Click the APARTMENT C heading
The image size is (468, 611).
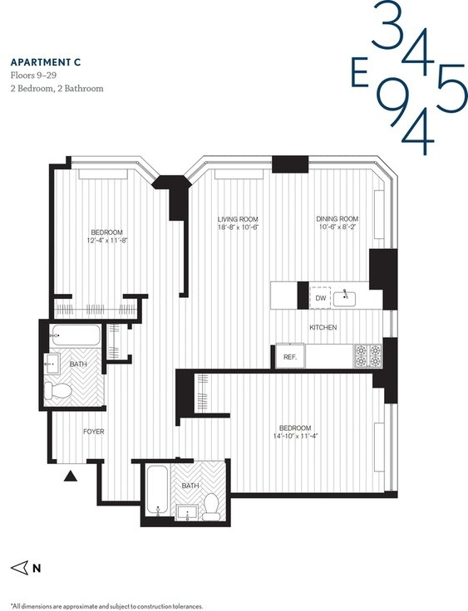(46, 62)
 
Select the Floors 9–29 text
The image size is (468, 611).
(33, 76)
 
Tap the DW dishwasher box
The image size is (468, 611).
(321, 298)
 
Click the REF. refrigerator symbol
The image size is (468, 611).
(290, 356)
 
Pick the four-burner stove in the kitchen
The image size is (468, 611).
(368, 356)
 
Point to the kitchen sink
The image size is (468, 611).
(344, 299)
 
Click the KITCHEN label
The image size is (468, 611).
(323, 327)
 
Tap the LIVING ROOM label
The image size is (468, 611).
(238, 219)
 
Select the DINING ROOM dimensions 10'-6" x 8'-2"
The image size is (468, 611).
(337, 227)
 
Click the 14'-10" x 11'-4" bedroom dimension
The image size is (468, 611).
(296, 436)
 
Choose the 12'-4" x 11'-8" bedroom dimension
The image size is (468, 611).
(107, 240)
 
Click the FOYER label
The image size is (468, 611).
(94, 432)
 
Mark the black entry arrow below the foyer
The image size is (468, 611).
(71, 476)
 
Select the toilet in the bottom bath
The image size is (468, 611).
(212, 506)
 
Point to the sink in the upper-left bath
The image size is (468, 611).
(52, 364)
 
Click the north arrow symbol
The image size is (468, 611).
(19, 568)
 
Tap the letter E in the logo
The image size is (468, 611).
(360, 74)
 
